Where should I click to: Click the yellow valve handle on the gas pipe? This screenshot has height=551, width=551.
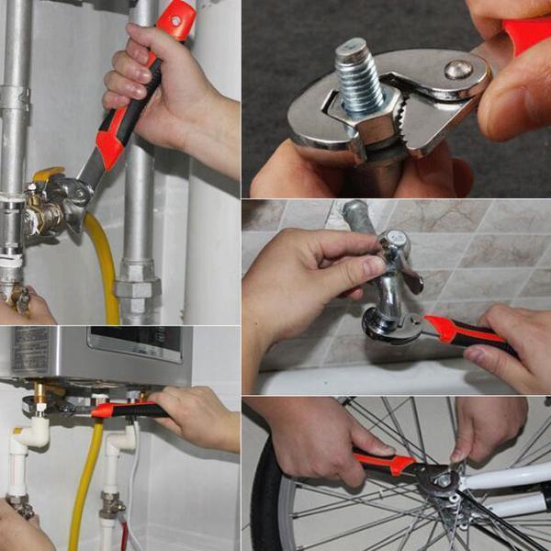click(x=48, y=174)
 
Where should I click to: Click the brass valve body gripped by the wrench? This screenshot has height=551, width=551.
click(x=41, y=217)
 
